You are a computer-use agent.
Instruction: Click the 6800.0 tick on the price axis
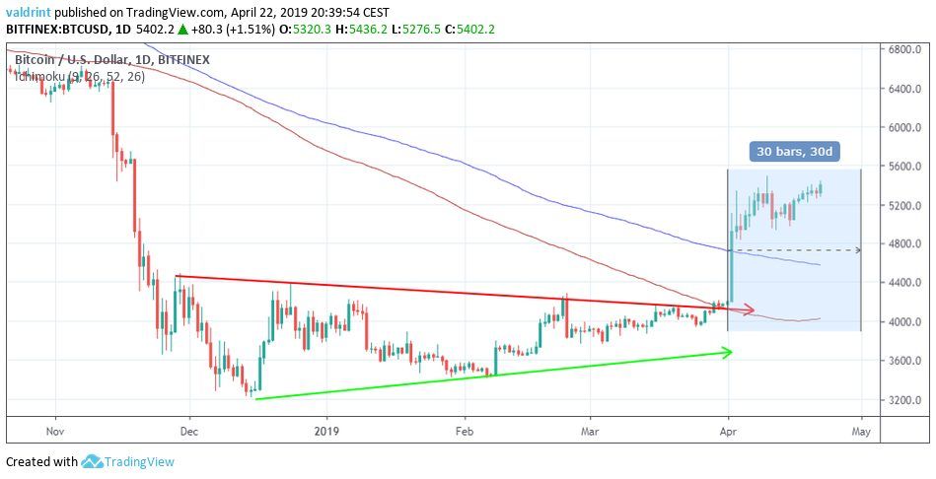(903, 49)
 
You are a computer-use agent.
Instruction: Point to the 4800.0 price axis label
(903, 243)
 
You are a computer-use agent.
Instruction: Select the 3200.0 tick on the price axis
(903, 399)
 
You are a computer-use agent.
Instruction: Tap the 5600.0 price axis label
(903, 166)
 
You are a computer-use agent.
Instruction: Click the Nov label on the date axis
(54, 431)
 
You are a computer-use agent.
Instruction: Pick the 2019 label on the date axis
(325, 431)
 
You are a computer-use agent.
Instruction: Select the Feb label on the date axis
(465, 431)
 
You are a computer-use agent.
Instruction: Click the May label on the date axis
(861, 431)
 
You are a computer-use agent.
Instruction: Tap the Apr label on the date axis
(727, 431)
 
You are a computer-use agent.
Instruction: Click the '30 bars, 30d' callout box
(793, 152)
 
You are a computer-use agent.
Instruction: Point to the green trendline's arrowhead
(729, 352)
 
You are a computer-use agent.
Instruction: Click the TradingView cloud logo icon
(93, 461)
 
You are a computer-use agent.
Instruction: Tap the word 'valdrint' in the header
(31, 11)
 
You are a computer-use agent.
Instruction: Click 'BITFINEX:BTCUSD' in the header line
(57, 30)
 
